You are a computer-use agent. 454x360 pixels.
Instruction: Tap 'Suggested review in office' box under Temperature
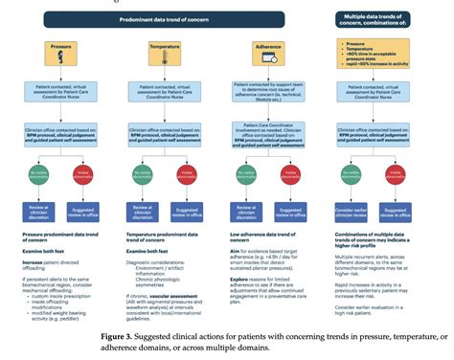coord(188,214)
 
